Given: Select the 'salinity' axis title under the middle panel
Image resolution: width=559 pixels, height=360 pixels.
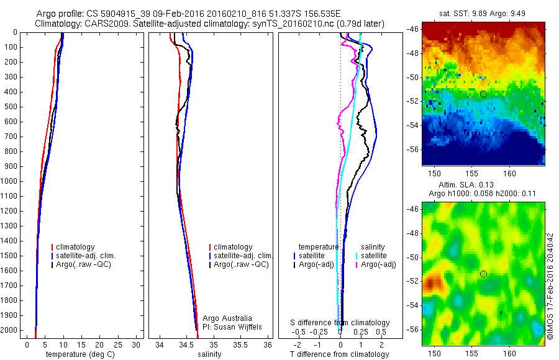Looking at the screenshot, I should [209, 354].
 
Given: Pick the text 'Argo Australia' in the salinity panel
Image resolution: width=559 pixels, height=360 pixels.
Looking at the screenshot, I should [227, 318].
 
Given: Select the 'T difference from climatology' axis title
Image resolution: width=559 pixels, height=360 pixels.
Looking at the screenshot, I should [339, 354].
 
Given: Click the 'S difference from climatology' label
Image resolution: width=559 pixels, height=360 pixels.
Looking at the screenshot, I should [340, 323].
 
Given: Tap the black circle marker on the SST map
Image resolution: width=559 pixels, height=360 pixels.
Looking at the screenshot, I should [483, 94].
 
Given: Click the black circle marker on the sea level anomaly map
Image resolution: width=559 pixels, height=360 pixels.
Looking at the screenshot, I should [483, 274].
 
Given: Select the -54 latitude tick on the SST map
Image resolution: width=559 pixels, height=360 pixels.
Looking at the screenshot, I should [412, 125].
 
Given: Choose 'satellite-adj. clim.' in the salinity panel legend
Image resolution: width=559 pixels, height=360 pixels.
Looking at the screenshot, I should [243, 256].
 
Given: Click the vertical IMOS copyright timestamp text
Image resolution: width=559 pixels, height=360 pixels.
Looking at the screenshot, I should [550, 287].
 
